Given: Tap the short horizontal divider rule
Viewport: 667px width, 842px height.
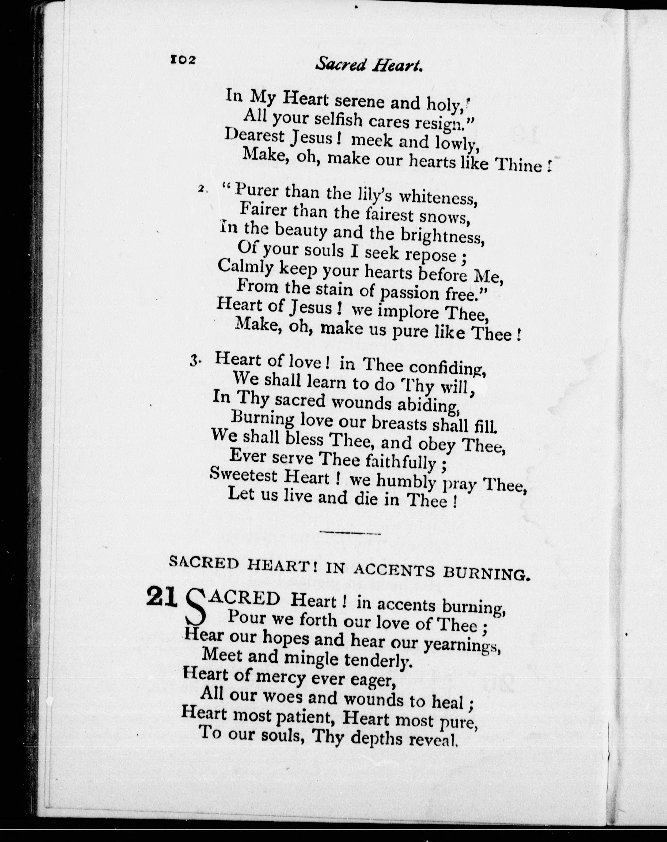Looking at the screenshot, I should click(350, 532).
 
